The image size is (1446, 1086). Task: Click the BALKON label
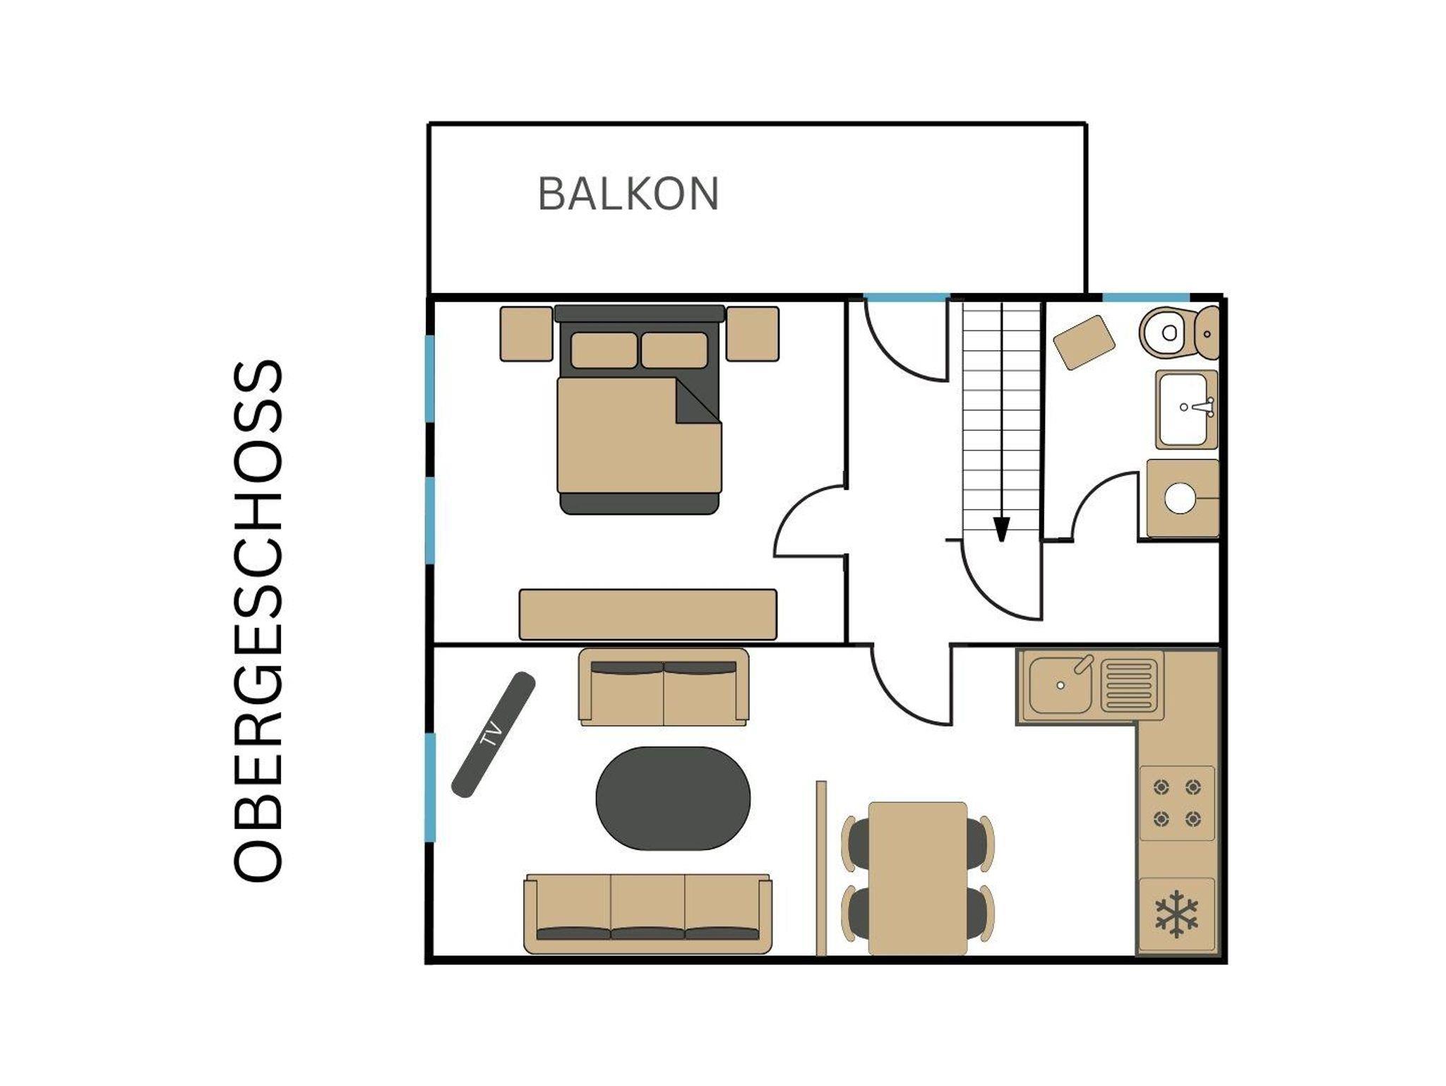[628, 194]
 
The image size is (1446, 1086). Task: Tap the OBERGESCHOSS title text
[258, 621]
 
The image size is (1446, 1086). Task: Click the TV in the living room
[494, 734]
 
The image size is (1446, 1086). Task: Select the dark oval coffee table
[673, 798]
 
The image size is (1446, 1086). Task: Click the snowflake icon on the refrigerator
[1176, 914]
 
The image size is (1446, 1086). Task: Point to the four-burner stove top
[1177, 803]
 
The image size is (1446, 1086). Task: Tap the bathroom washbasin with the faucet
[1186, 410]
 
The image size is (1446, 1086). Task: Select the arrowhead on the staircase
[1001, 529]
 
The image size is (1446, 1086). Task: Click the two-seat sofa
[664, 687]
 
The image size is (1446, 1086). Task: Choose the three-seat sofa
[647, 914]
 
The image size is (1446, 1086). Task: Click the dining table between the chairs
[918, 878]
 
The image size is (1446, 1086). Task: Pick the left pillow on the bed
[604, 350]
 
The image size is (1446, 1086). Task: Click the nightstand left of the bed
[527, 334]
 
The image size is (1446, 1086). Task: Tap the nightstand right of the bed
[753, 334]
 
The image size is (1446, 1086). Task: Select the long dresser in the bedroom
[648, 614]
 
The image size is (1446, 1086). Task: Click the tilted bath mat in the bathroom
[1084, 342]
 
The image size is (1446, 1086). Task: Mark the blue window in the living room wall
[430, 787]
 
